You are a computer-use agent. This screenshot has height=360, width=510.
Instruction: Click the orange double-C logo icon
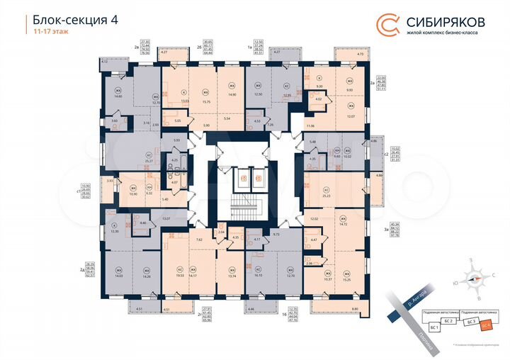pyautogui.click(x=387, y=24)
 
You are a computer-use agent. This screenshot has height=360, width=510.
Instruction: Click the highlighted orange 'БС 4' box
pyautogui.click(x=486, y=325)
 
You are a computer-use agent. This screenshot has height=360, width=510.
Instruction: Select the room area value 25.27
pyautogui.click(x=149, y=161)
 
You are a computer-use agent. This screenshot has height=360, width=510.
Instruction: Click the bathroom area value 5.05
pyautogui.click(x=177, y=121)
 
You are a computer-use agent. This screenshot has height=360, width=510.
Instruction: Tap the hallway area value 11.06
pyautogui.click(x=311, y=125)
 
